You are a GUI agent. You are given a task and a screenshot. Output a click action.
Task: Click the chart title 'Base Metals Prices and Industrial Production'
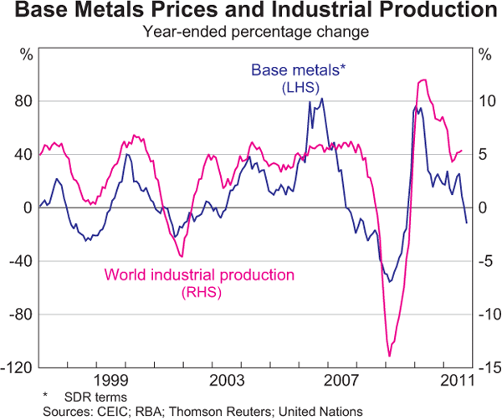pos(251,12)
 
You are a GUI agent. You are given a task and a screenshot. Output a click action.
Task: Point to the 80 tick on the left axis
pos(23,101)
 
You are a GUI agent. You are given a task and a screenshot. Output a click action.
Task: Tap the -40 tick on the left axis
pos(21,262)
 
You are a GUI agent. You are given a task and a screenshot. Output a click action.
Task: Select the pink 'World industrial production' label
pos(199,275)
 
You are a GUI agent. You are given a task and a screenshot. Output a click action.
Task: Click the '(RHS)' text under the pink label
pos(199,290)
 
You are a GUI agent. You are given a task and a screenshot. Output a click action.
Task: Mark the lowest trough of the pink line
pos(389,356)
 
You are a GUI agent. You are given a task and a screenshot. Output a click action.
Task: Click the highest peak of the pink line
pos(424,80)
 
